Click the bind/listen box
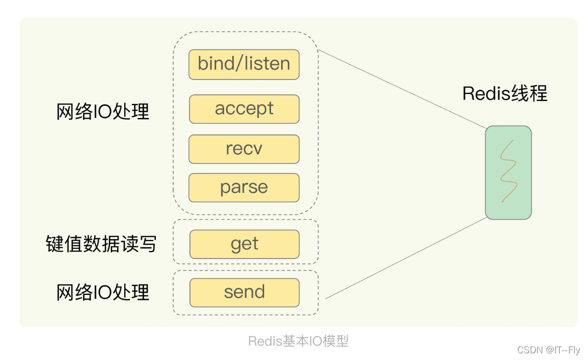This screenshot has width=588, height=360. [244, 65]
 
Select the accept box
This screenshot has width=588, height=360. [244, 109]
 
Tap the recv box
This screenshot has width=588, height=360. [244, 149]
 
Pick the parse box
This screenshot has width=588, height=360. [244, 188]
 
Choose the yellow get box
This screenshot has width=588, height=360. [244, 244]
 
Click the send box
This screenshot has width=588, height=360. [244, 292]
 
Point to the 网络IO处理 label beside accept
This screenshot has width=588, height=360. [103, 111]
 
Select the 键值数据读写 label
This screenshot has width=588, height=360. [101, 245]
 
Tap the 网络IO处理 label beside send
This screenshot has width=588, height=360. [103, 292]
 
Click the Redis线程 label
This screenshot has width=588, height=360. [505, 94]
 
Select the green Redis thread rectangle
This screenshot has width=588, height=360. [508, 172]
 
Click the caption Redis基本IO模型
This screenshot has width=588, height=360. [298, 341]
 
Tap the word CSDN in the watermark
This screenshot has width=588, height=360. [531, 350]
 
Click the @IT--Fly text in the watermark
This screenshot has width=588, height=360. [563, 350]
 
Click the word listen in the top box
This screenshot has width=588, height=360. [268, 64]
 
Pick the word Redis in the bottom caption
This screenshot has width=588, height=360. [265, 341]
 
